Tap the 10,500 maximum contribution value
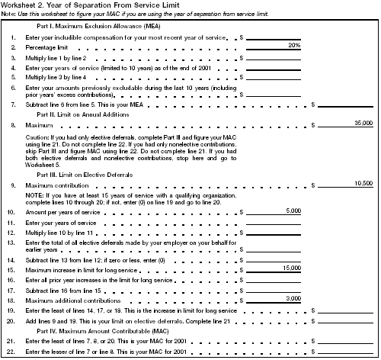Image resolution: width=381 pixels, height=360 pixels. point(363,184)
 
